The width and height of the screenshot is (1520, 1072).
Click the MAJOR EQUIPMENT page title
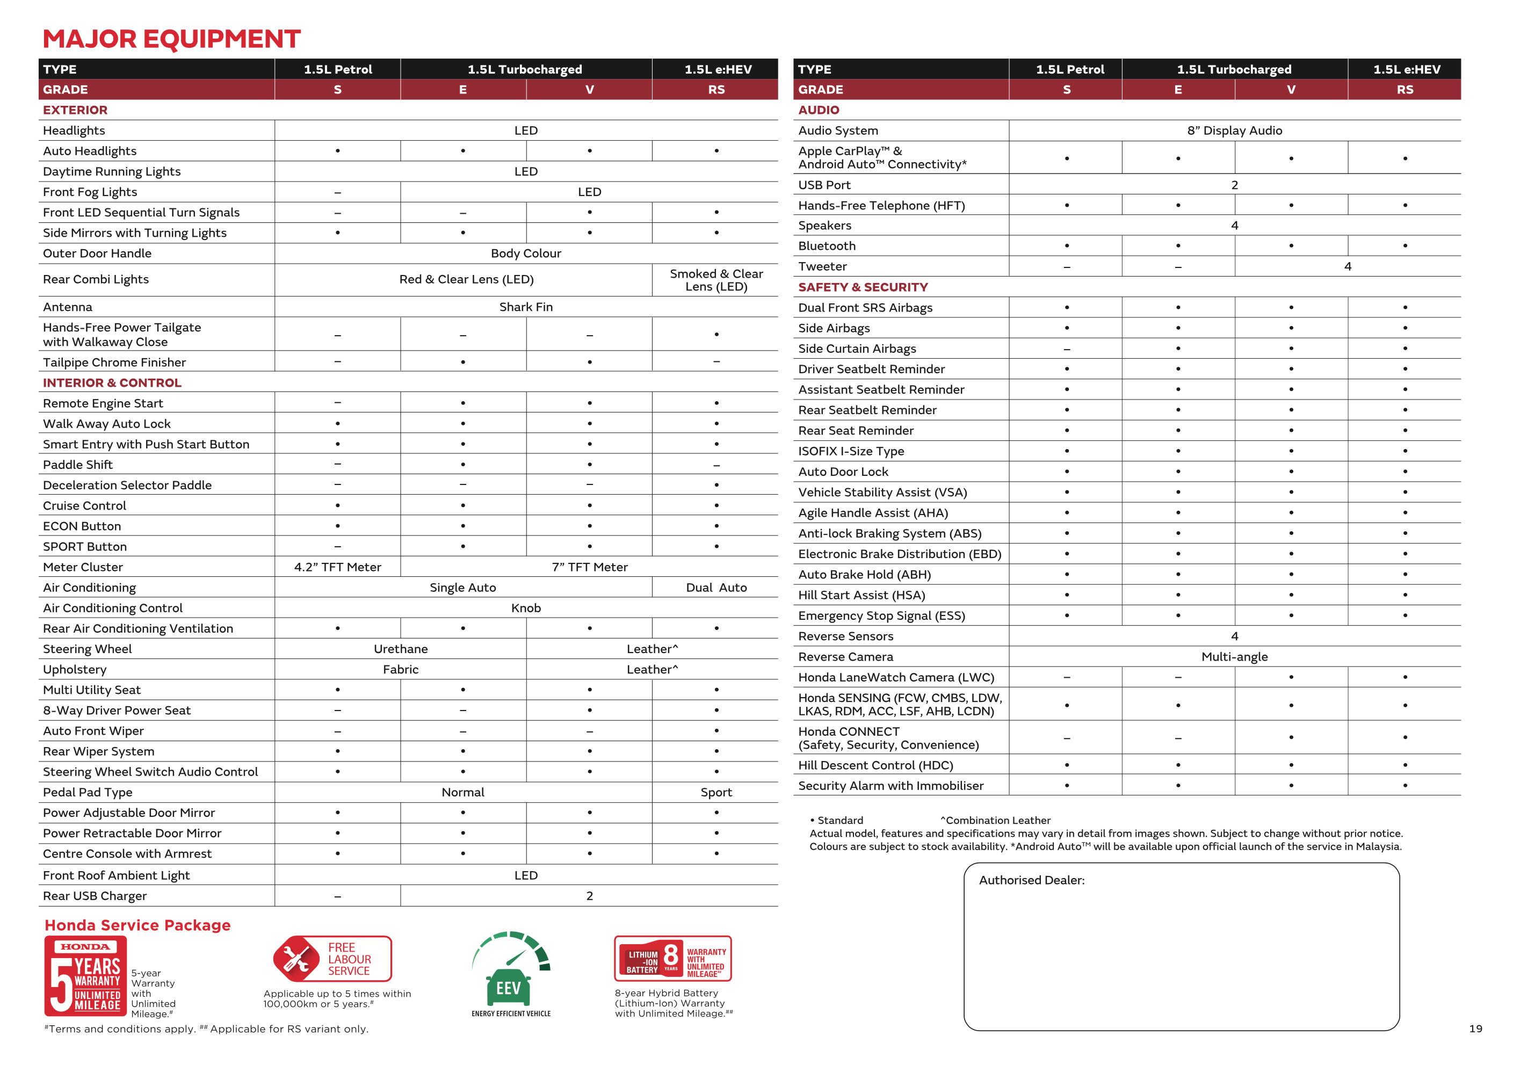(x=171, y=39)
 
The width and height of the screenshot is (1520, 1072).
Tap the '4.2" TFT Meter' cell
(x=338, y=568)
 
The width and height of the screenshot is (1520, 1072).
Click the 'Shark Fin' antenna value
(x=526, y=307)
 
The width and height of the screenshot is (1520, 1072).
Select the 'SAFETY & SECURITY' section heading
(x=863, y=287)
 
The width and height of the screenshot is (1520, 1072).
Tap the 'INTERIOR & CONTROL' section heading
(x=112, y=383)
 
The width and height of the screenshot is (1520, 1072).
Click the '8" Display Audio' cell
(x=1234, y=131)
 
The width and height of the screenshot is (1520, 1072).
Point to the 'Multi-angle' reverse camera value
(x=1234, y=657)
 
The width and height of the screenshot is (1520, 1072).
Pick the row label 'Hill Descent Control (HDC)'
(x=875, y=765)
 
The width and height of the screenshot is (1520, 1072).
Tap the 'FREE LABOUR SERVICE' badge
(x=332, y=959)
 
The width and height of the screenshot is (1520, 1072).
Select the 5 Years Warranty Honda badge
(x=85, y=976)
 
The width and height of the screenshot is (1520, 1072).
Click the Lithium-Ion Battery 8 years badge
(x=672, y=959)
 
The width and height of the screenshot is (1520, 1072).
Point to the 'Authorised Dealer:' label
(x=1031, y=881)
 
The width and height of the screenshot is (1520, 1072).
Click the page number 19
(x=1475, y=1029)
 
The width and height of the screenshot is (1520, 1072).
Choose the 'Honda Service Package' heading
(x=137, y=926)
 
